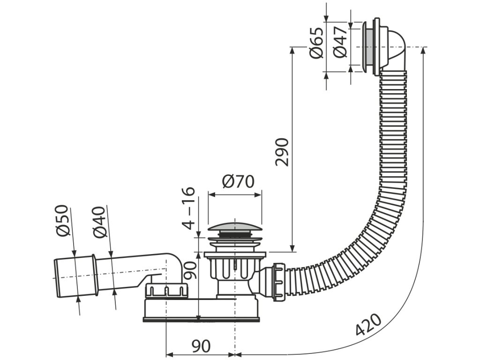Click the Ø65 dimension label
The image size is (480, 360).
pos(317,43)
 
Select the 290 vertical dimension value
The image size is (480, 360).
pos(282,152)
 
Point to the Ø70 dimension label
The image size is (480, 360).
pos(238,181)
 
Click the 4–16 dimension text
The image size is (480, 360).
pos(188,208)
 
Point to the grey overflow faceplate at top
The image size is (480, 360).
pos(369,47)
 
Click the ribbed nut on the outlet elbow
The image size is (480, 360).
pos(166,290)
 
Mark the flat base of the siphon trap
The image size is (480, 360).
pos(202,319)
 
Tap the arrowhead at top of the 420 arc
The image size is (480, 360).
pos(424,50)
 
